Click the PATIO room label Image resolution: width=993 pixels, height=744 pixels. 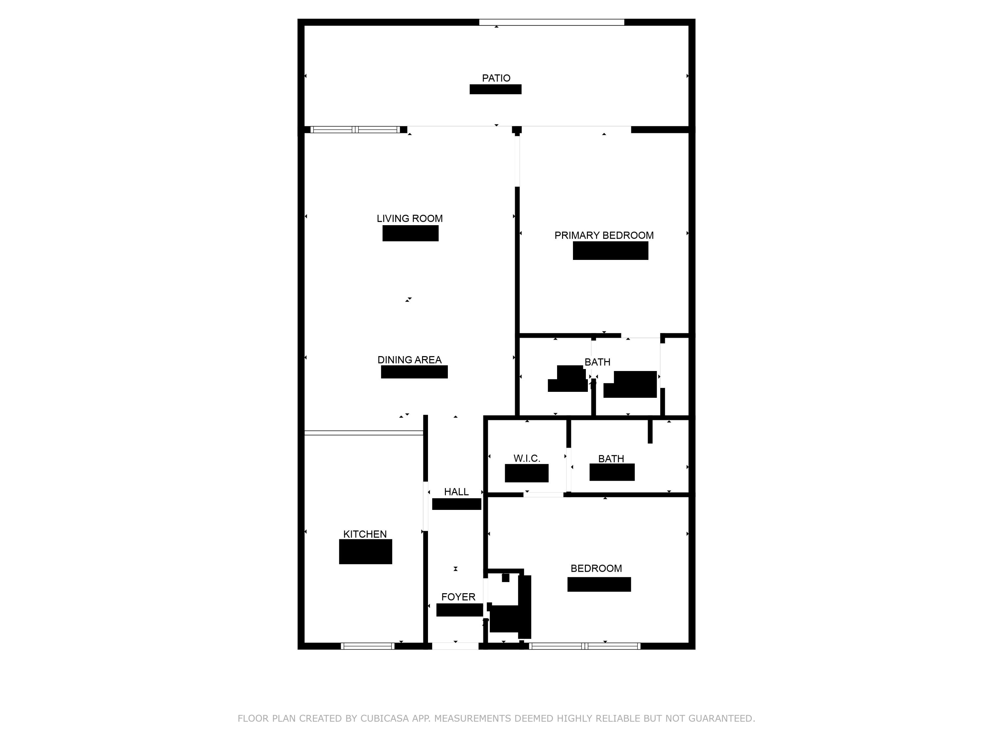point(496,78)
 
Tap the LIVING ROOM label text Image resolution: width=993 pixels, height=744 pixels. point(409,218)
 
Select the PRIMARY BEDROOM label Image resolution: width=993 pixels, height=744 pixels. point(604,235)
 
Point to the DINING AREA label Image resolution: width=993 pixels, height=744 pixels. point(409,360)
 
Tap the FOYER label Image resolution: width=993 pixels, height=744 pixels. point(458,597)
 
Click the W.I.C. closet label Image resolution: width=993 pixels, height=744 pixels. point(527,458)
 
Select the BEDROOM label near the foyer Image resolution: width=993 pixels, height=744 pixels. point(596,569)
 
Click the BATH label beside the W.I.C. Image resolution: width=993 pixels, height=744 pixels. point(611,459)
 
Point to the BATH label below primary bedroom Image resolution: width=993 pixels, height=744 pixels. point(597,362)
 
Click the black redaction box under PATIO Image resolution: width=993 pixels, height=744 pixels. point(495,89)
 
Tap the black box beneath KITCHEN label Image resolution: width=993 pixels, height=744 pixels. point(365,552)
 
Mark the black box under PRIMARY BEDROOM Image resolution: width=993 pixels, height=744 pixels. point(610,251)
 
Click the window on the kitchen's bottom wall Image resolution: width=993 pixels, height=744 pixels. point(368,646)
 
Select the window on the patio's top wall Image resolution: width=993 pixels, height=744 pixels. point(551,22)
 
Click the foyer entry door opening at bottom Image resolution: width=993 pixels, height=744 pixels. point(455,646)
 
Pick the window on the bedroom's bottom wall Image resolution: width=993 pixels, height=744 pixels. point(585,646)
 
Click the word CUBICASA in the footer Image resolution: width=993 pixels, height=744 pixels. point(384,719)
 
